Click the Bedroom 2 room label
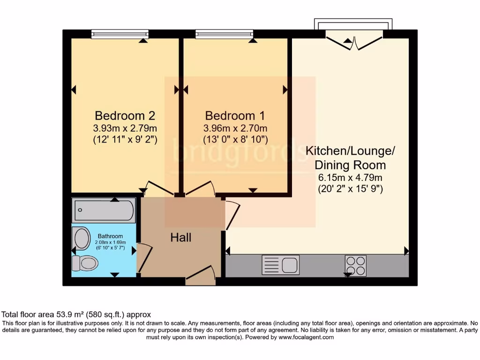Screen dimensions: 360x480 (125, 115)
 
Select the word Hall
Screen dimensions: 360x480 (180, 238)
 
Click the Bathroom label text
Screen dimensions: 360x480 (110, 236)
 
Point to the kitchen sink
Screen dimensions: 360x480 (280, 265)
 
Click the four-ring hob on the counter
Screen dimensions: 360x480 (355, 265)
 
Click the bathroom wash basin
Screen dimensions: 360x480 (82, 239)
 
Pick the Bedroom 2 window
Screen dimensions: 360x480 (120, 34)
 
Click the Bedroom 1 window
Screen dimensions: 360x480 (224, 34)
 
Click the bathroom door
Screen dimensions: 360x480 (144, 258)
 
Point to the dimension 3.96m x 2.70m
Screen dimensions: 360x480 (235, 128)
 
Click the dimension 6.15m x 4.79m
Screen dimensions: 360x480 (350, 178)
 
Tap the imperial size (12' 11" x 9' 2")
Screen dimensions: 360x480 (125, 139)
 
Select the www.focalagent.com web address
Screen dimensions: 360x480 (306, 337)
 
